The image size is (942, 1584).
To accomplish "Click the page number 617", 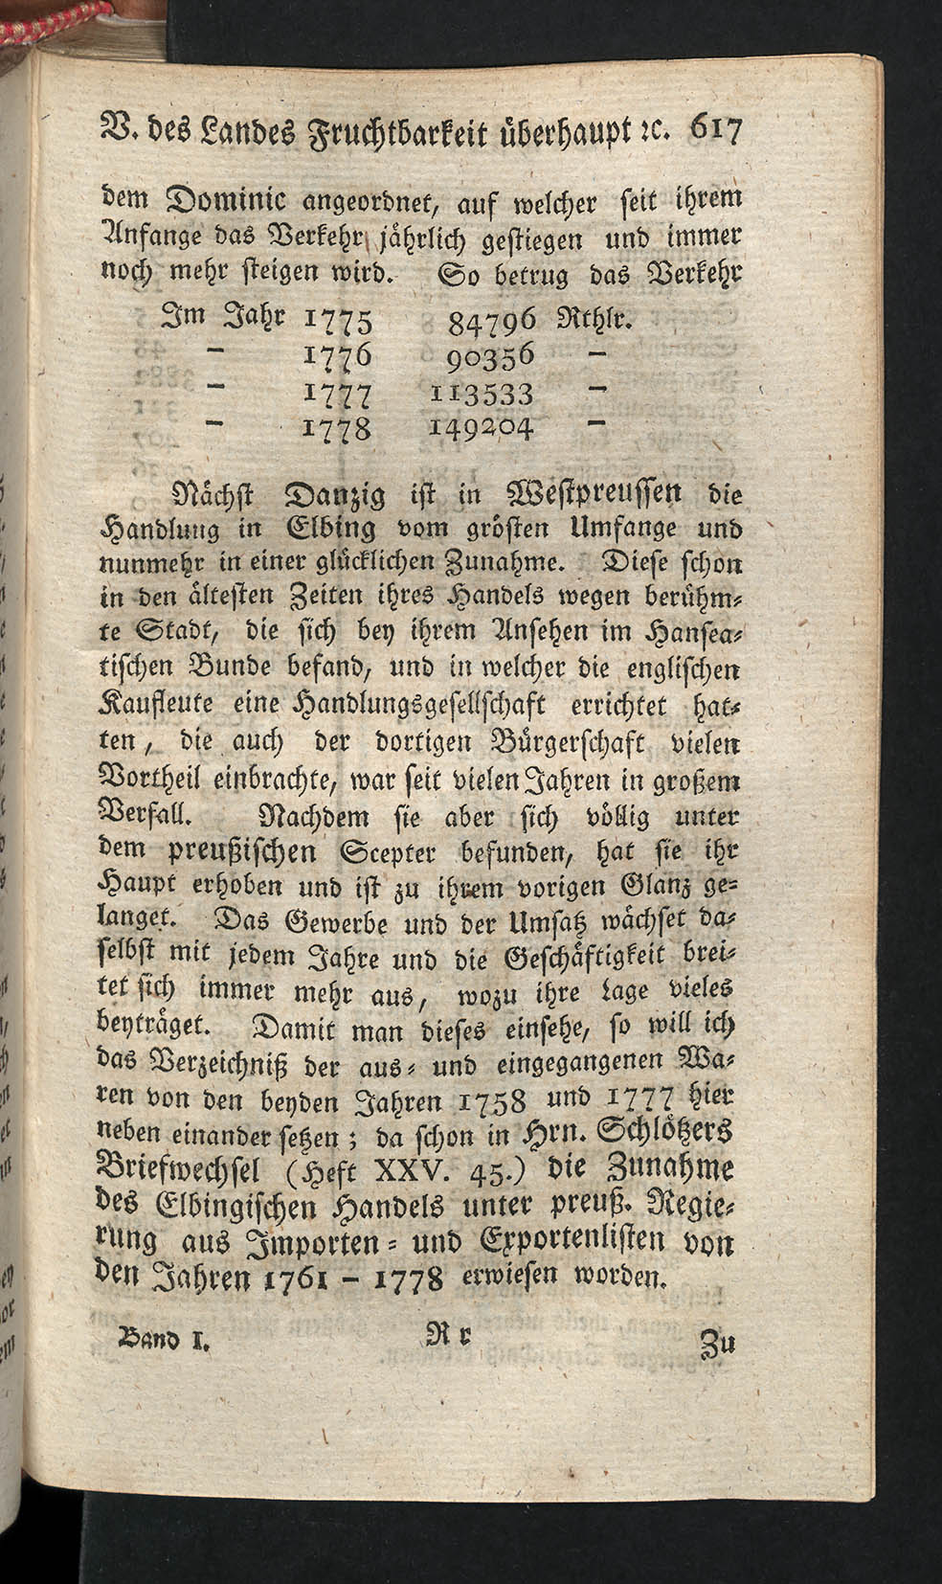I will pos(709,131).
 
